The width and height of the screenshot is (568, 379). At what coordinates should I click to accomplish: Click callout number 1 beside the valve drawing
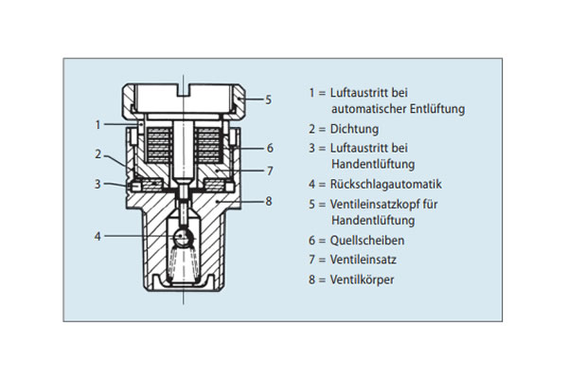pyautogui.click(x=98, y=123)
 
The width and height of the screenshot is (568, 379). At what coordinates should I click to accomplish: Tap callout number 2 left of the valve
pyautogui.click(x=98, y=153)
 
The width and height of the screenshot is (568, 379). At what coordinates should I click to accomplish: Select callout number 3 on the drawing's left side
pyautogui.click(x=98, y=183)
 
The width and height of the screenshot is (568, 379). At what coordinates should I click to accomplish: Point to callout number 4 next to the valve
pyautogui.click(x=98, y=234)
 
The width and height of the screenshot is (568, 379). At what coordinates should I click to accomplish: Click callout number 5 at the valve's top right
pyautogui.click(x=268, y=99)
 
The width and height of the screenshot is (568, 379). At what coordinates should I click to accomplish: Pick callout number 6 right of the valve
pyautogui.click(x=269, y=148)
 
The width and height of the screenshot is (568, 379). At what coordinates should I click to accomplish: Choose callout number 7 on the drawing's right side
pyautogui.click(x=269, y=171)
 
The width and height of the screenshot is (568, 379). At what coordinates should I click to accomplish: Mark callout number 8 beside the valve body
pyautogui.click(x=269, y=201)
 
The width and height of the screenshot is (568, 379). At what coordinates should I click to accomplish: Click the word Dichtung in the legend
pyautogui.click(x=355, y=129)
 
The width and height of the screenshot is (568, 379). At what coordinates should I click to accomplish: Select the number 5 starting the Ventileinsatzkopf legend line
pyautogui.click(x=311, y=204)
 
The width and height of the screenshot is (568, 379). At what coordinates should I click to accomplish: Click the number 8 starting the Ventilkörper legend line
pyautogui.click(x=311, y=280)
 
